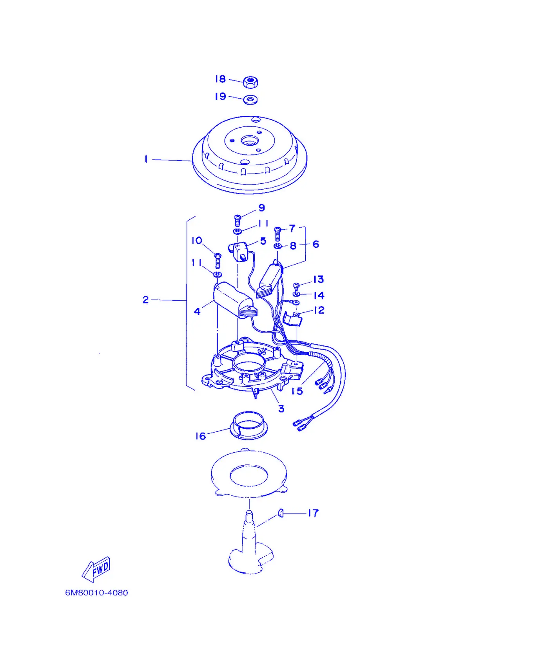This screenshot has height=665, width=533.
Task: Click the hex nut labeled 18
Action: click(x=250, y=82)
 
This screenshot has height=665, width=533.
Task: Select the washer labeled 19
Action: click(x=250, y=99)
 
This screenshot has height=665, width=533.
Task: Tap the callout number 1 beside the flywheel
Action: click(x=146, y=159)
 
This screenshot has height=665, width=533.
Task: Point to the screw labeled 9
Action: click(x=237, y=220)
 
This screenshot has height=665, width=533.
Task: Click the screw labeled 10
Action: click(x=218, y=261)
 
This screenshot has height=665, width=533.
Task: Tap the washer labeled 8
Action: click(x=277, y=246)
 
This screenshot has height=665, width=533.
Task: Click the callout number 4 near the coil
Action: click(x=197, y=312)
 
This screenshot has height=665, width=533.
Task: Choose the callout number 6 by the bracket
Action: click(x=316, y=244)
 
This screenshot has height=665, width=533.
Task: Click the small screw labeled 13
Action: click(x=297, y=285)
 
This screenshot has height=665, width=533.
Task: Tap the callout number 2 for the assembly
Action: click(x=146, y=300)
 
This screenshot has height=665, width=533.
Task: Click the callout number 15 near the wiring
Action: click(x=297, y=391)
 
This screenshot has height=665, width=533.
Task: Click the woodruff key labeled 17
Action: click(x=281, y=513)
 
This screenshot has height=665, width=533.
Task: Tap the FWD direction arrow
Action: click(x=96, y=569)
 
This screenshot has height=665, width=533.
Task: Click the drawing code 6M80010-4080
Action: click(x=96, y=593)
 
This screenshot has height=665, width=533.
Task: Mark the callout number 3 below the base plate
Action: click(x=281, y=409)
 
